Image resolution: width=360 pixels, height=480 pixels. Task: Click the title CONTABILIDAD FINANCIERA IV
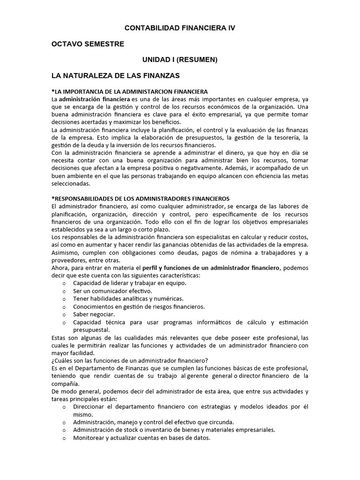[180, 28]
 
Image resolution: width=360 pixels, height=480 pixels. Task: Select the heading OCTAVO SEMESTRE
[88, 44]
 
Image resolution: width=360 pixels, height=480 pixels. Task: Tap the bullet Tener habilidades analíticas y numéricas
[128, 299]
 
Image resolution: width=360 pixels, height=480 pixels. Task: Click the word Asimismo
[66, 253]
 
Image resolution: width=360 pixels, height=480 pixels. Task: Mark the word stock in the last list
[129, 430]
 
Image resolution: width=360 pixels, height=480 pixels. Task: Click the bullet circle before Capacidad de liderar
[64, 283]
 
